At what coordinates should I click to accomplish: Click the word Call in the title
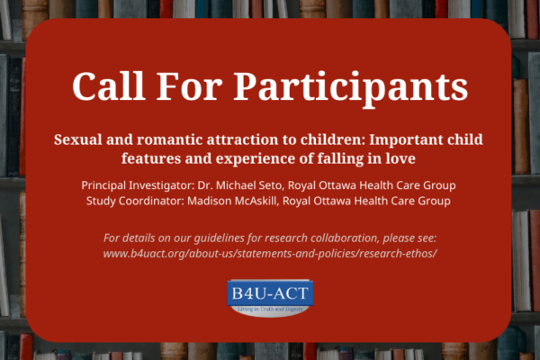point(108,85)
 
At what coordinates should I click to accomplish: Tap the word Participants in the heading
point(351,89)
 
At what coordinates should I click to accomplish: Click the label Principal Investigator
point(138,185)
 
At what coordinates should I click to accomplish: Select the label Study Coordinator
point(135,201)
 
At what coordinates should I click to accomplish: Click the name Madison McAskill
point(232,201)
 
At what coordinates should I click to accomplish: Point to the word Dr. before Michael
point(205,185)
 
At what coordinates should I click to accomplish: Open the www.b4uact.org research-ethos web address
point(270,254)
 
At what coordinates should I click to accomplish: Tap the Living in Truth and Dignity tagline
point(270,309)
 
